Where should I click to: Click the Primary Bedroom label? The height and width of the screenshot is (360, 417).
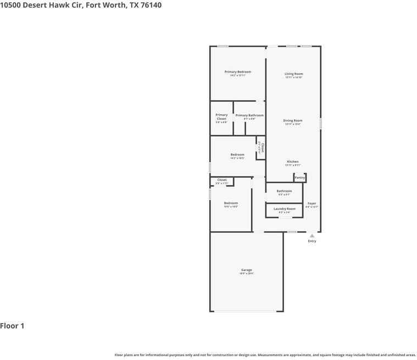238,72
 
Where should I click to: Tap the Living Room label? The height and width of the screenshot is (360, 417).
293,74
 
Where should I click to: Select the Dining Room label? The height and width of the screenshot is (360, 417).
293,120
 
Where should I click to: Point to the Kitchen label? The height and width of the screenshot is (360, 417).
292,162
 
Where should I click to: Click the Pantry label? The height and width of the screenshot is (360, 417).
299,178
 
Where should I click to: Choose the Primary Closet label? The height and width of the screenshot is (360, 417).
221,117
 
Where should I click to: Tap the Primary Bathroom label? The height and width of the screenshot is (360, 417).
249,115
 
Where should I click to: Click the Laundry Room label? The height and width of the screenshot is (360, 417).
284,209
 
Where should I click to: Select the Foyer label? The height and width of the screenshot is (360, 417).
312,203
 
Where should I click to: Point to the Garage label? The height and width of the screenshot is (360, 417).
246,270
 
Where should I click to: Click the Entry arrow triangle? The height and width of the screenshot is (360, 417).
312,236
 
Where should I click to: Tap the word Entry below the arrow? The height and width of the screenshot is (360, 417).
312,241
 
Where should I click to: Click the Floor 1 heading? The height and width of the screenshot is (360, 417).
12,326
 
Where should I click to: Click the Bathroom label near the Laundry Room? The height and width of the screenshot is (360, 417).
284,191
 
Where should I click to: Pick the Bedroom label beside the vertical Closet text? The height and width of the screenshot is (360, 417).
237,154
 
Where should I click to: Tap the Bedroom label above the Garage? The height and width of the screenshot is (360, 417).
231,203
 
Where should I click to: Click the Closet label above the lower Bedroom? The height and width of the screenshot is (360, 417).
222,180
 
